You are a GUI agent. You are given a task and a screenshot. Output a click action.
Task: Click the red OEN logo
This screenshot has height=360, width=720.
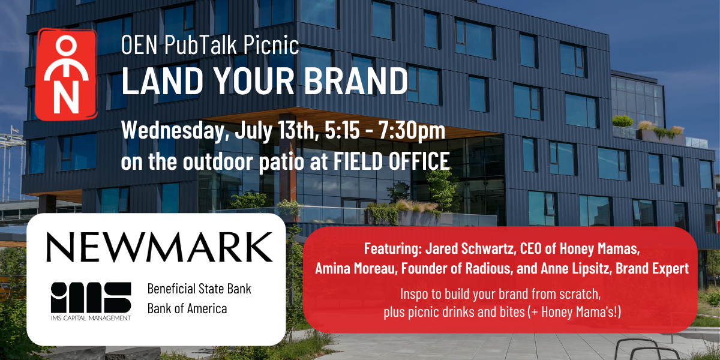[66, 74]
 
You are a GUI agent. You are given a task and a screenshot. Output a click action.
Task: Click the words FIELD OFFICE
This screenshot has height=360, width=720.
[391, 160]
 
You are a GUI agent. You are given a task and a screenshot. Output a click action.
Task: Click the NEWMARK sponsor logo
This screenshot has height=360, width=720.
[160, 247]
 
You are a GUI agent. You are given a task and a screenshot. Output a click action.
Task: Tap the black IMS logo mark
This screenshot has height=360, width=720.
[91, 297]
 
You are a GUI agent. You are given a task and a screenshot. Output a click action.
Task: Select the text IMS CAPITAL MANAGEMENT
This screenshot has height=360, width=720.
[91, 318]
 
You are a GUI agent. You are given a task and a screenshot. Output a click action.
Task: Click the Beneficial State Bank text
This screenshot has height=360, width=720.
[199, 289]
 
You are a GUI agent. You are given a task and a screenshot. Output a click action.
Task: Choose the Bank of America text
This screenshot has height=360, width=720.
[187, 308]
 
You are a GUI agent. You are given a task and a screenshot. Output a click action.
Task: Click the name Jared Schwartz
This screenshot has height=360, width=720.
[469, 248]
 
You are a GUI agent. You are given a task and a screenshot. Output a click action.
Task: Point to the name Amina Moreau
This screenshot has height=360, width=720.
[355, 268]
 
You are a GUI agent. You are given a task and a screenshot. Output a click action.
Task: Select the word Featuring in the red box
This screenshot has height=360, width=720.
[393, 249]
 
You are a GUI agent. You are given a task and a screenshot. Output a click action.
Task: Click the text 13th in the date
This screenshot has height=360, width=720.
[298, 130]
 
